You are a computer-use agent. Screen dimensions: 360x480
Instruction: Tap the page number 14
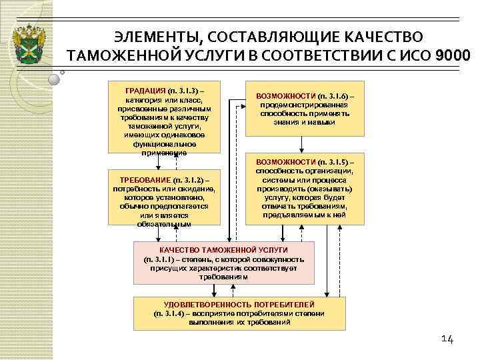447,340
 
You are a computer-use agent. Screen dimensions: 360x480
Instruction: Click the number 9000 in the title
452,55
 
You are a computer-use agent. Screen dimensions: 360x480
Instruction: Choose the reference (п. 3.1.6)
336,96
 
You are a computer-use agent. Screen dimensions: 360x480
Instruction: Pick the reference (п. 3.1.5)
336,162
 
